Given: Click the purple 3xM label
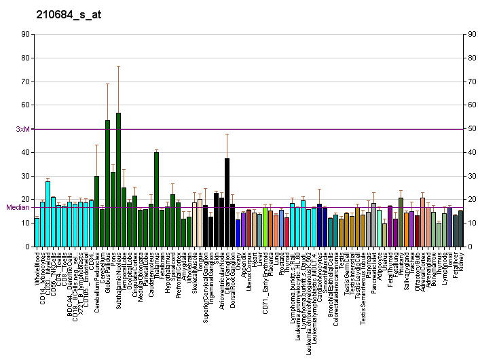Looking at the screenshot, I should point(23,129).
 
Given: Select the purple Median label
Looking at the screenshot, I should point(18,207).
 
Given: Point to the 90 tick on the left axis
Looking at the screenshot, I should point(24,34).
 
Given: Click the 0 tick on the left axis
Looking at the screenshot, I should point(26,247).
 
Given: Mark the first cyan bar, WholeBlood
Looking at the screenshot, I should point(37,232).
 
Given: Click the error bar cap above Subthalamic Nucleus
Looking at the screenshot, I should point(118,66).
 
